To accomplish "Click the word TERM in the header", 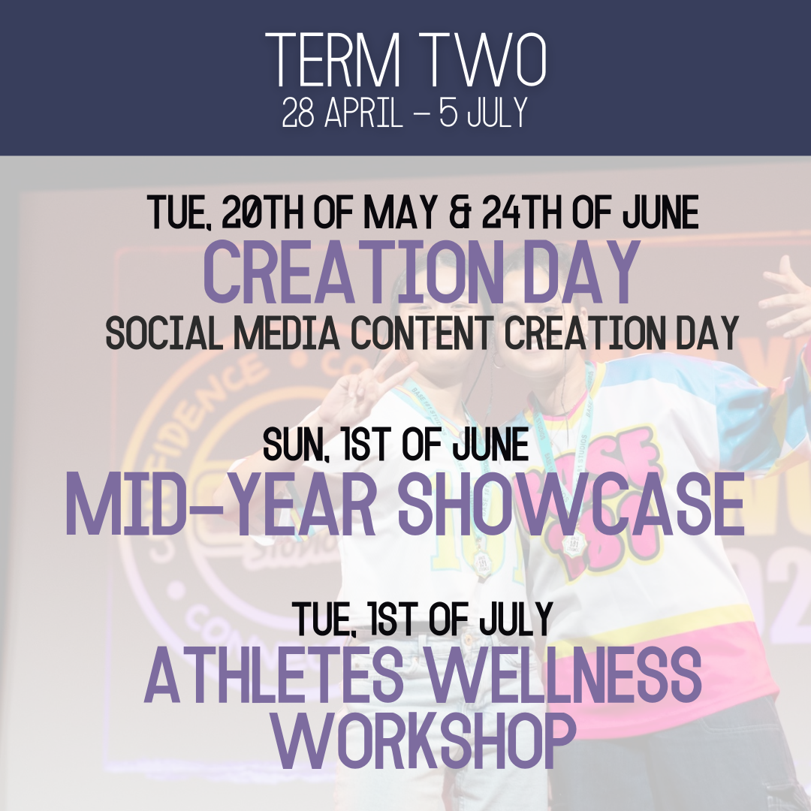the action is (333, 60).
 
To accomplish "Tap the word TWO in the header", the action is (481, 60).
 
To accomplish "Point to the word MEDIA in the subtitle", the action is (287, 333).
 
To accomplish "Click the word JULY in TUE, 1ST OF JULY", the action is (517, 619).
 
